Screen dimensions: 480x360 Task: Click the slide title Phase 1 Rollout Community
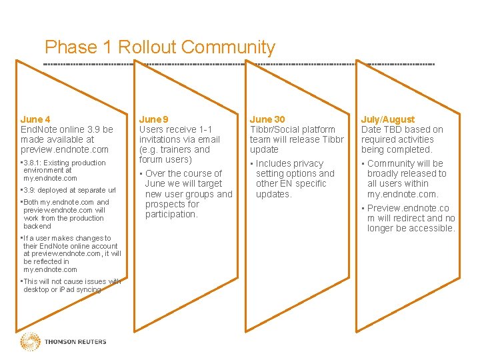point(159,47)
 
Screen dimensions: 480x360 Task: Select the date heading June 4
point(35,119)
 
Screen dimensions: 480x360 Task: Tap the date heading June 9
point(153,119)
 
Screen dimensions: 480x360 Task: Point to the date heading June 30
point(267,119)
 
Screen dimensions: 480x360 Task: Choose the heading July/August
point(387,119)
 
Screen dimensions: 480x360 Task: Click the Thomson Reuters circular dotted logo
point(30,342)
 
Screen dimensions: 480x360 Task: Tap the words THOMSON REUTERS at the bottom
point(75,342)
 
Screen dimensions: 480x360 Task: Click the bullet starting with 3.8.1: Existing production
point(63,171)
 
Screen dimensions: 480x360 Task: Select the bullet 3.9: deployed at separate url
point(69,190)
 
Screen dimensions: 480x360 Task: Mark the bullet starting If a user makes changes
point(71,254)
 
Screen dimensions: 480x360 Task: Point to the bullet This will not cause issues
point(71,285)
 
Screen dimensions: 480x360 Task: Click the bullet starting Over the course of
point(188,194)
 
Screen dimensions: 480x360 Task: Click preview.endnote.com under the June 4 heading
point(64,149)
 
